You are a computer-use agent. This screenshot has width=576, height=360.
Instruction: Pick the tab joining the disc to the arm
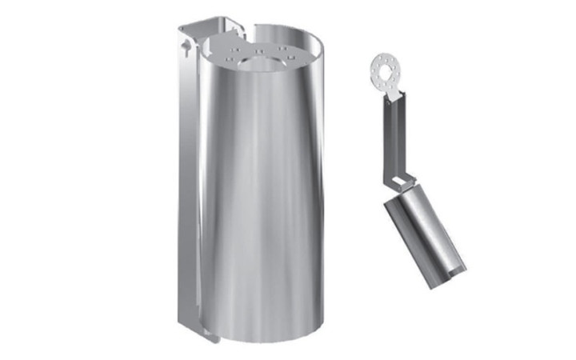coord(394,96)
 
